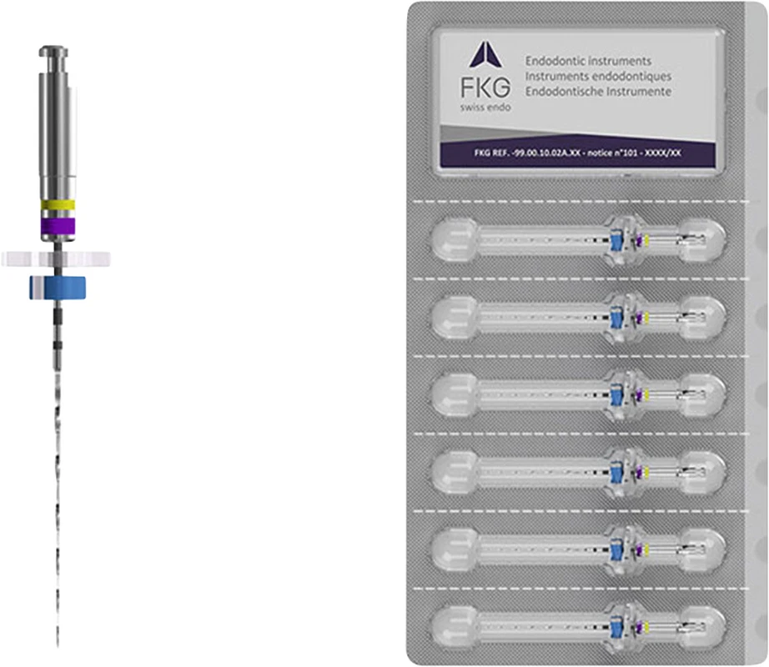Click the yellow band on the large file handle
tap(58, 205)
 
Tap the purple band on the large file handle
tap(58, 225)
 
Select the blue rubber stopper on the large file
tap(58, 288)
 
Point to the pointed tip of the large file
tap(58, 646)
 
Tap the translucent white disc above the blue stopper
tap(55, 258)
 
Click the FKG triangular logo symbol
tap(485, 54)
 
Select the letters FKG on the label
tap(485, 88)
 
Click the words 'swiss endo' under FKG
tap(485, 108)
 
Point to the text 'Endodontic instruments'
tap(589, 61)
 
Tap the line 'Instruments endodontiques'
tap(598, 77)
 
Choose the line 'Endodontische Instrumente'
tap(598, 92)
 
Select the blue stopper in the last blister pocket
tap(616, 628)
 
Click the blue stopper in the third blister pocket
tap(616, 395)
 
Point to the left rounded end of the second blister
tap(454, 318)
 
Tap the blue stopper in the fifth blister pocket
tap(616, 550)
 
